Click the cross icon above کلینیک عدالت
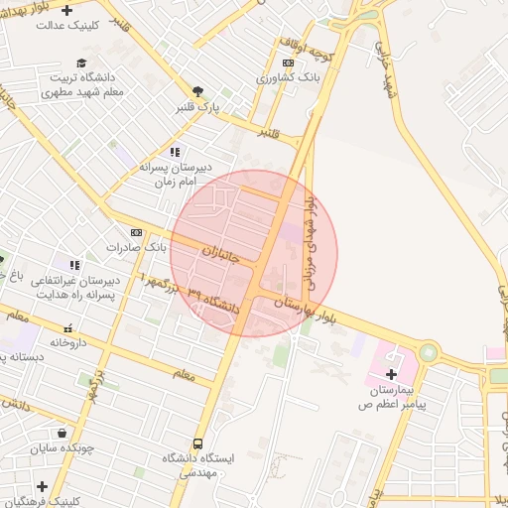(66, 10)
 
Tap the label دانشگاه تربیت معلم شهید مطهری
(76, 83)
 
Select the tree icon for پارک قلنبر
(199, 89)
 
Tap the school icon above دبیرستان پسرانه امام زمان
(175, 152)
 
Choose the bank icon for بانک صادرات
(136, 232)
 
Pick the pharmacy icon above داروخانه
(67, 328)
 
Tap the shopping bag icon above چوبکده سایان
(63, 433)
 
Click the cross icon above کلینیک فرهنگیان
(42, 486)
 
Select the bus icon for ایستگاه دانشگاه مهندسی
(197, 444)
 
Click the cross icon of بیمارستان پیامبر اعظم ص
(392, 375)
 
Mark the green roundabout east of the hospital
(428, 352)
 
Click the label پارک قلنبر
(199, 104)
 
